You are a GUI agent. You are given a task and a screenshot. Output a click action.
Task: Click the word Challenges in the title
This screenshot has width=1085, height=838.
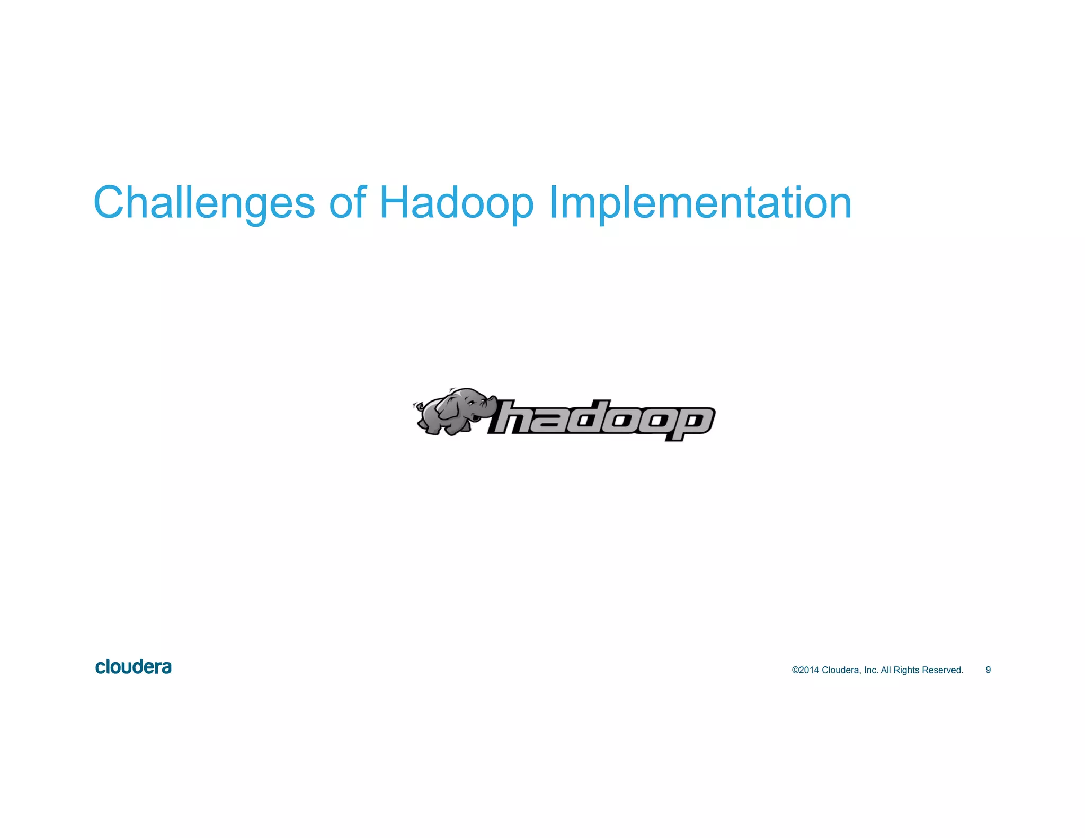[x=204, y=203]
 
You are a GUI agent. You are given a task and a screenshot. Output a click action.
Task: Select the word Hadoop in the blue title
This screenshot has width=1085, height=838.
[x=456, y=203]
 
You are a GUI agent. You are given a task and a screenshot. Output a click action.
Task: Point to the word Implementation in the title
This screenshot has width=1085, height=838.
[x=699, y=203]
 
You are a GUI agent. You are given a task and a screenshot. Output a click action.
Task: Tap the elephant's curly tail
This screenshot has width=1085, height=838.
[x=417, y=407]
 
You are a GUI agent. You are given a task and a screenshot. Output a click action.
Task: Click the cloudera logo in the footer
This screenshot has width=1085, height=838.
[x=134, y=667]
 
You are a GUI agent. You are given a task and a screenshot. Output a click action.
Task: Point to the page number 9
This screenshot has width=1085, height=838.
[x=988, y=670]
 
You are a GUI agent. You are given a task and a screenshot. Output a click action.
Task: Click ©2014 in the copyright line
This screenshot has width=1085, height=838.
[x=805, y=670]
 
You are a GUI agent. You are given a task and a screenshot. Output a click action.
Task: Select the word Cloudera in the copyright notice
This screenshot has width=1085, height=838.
[x=841, y=670]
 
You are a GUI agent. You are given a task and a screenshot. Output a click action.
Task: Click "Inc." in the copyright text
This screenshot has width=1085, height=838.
[x=871, y=670]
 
